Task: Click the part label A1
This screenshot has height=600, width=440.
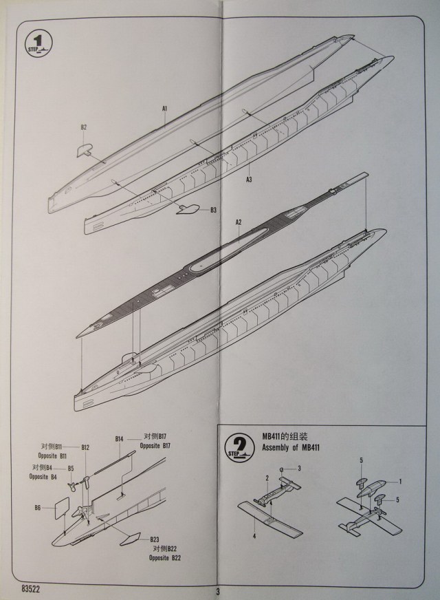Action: [165, 108]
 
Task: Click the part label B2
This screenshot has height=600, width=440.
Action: [83, 127]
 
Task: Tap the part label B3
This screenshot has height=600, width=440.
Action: [214, 209]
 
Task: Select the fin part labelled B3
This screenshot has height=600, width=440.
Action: [188, 208]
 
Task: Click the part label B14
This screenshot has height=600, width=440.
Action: [119, 439]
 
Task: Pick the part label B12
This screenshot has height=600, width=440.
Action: [85, 447]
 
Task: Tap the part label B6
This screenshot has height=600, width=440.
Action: [38, 508]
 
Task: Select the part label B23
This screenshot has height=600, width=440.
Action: [155, 539]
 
